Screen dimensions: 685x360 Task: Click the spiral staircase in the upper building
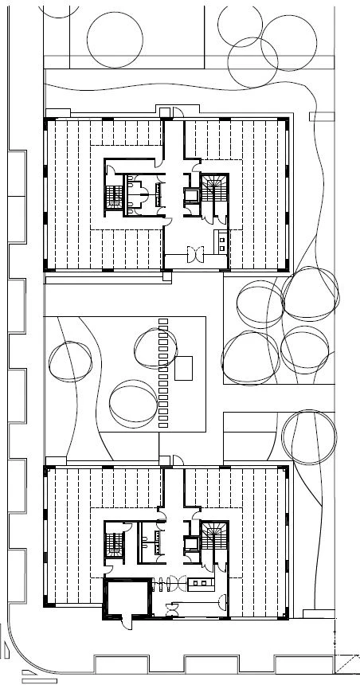pos(213,192)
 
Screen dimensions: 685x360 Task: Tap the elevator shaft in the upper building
pos(191,194)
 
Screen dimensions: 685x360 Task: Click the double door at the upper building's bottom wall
pos(192,255)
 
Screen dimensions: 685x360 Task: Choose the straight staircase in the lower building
pos(112,545)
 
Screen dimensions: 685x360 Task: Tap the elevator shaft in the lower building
pos(191,544)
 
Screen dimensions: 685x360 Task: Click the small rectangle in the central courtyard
pos(185,368)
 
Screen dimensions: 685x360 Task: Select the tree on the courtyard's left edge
pos(71,360)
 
